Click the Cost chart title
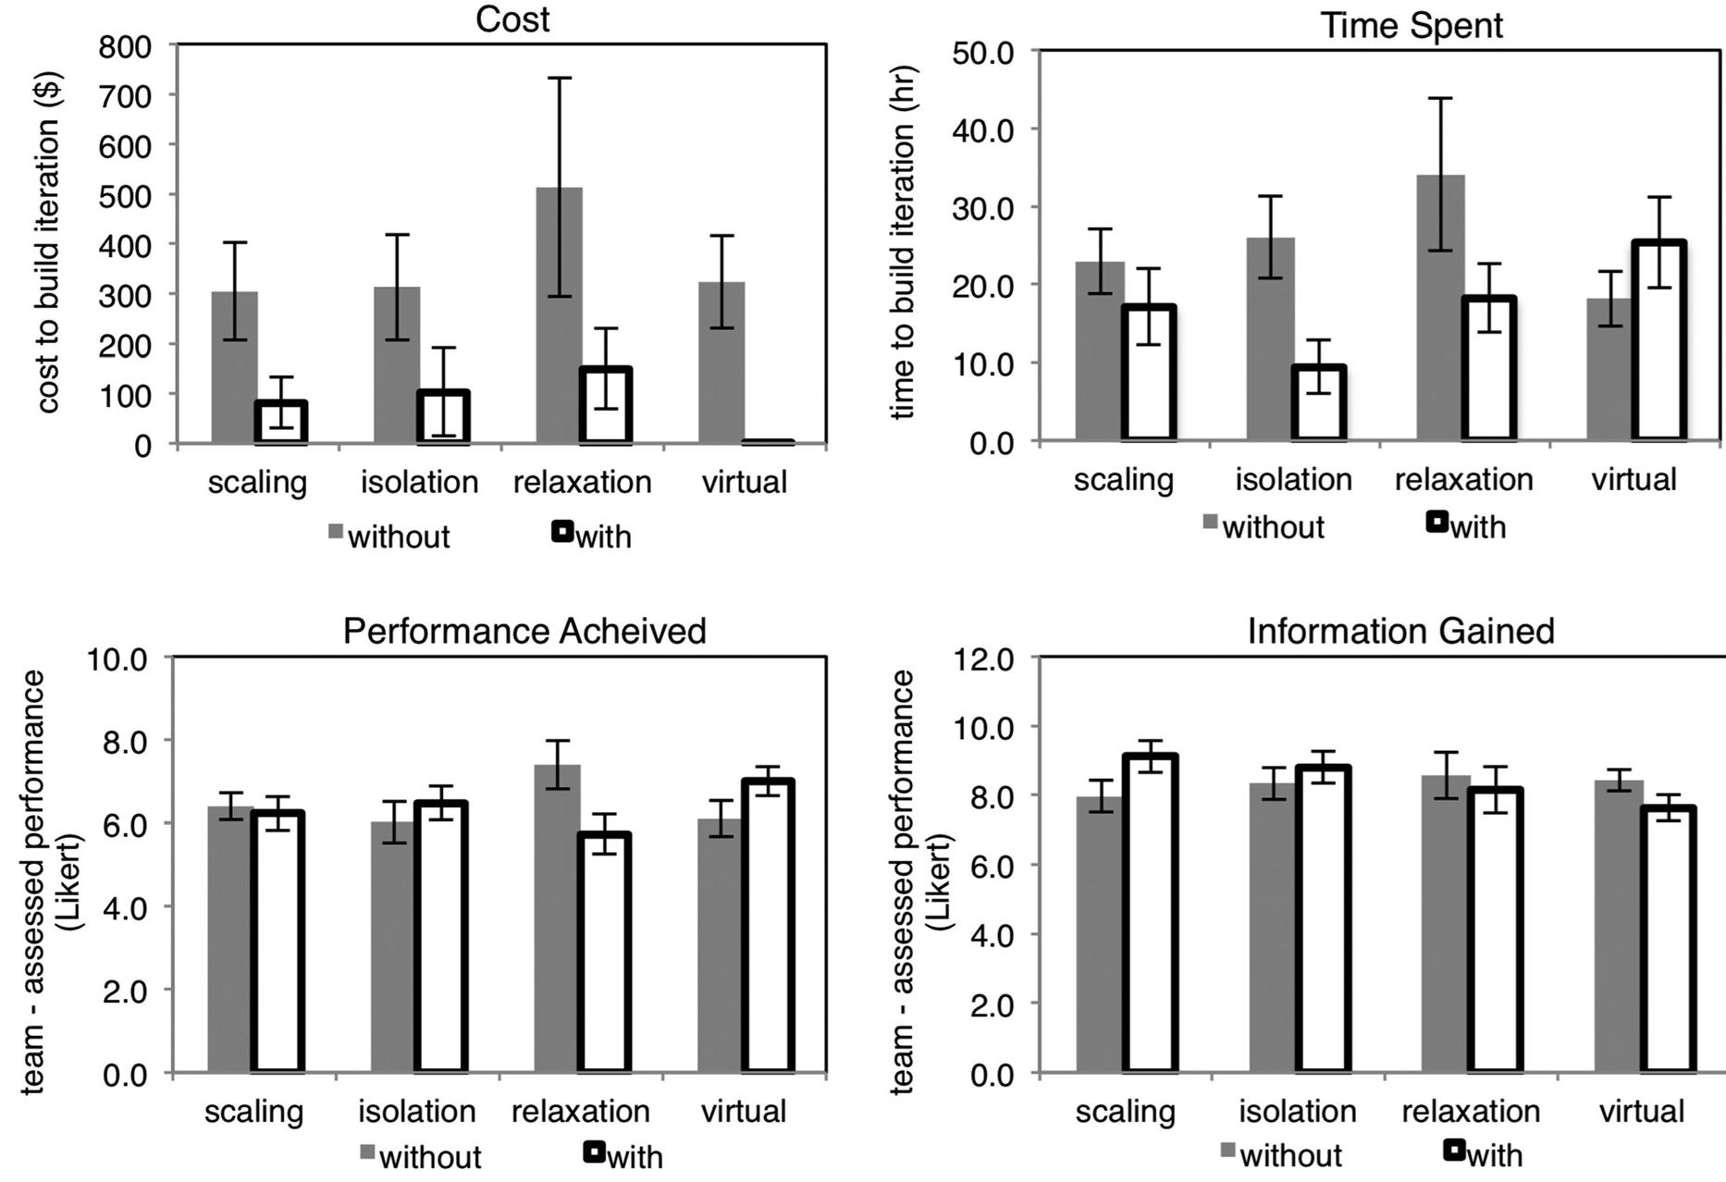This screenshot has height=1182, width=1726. coord(512,18)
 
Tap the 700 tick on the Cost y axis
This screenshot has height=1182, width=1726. coord(125,94)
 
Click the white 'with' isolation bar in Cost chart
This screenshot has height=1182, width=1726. coord(443,418)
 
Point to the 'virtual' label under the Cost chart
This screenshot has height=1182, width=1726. coord(744,482)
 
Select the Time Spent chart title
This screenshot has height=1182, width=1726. coord(1411,25)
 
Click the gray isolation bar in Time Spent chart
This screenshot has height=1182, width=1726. coord(1270,339)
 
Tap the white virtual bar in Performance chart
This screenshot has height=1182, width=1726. coord(768,926)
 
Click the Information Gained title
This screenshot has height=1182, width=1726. coord(1400,631)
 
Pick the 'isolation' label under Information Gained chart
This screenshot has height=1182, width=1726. coord(1297,1111)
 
